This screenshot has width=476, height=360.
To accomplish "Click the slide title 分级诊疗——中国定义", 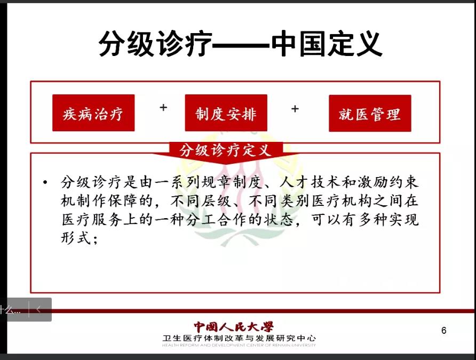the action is coord(240,43).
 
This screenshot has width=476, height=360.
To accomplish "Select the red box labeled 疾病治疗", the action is coord(93,113).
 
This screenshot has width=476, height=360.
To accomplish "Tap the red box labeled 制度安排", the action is coord(226,113).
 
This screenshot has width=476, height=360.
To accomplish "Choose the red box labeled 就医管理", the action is coord(370,113).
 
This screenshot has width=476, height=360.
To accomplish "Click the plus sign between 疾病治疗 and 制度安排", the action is coord(163,107).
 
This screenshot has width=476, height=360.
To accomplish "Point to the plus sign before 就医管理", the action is coord(295,109).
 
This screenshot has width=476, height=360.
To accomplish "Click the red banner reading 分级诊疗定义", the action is coord(226,150).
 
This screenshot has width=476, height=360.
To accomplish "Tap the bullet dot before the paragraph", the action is coord(45,182).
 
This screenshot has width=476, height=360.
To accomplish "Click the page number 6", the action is coord(444,330).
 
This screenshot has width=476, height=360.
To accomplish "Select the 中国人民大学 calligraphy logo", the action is coord(234,327).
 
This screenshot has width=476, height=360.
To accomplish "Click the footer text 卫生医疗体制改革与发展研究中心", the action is coord(239,338).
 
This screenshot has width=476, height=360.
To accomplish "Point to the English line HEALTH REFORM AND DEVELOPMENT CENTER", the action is coord(239,345).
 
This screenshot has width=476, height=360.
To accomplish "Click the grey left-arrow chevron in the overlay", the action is coord(38,309).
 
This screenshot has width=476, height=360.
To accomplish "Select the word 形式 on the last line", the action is coord(76,238).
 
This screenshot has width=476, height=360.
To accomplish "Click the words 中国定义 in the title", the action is coord(327,43).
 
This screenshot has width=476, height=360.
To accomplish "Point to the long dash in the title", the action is coord(241,45).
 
